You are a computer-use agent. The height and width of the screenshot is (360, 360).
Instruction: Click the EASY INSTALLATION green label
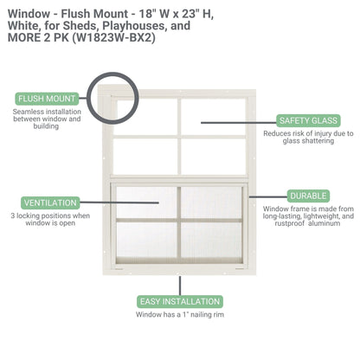click(x=179, y=301)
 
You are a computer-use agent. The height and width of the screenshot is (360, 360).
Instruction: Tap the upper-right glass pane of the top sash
click(x=212, y=112)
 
